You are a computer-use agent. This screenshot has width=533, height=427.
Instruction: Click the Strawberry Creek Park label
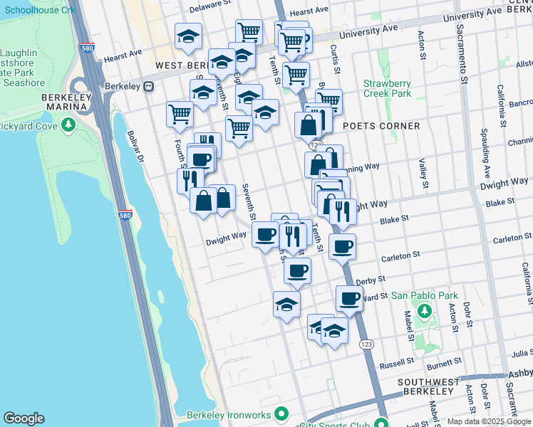(387, 88)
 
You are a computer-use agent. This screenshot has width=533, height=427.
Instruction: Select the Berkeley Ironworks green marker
(281, 413)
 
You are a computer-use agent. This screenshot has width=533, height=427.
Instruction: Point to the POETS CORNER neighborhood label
(381, 126)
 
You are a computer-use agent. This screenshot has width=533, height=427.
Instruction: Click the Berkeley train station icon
(149, 86)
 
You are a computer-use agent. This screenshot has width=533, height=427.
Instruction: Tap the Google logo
(24, 418)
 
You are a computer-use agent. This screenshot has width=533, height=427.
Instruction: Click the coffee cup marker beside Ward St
(348, 298)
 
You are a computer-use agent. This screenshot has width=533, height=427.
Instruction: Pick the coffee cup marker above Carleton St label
(342, 246)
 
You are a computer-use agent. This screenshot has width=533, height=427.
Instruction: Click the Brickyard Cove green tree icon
(68, 125)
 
